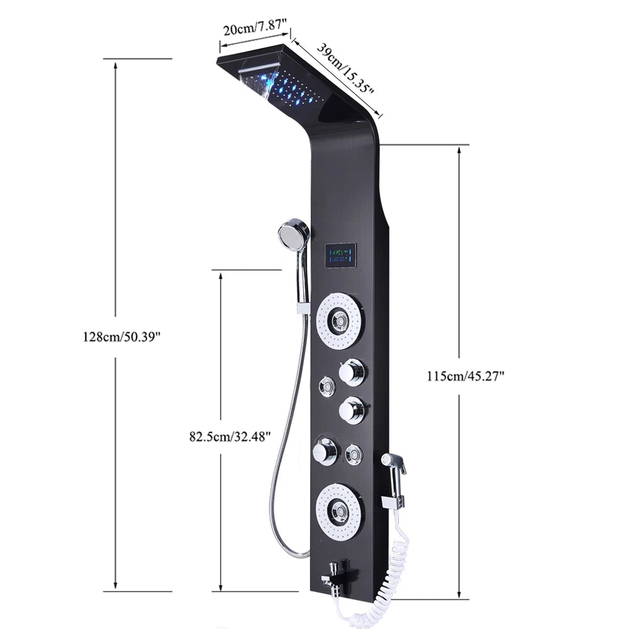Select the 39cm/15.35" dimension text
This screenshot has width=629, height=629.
(x=345, y=69)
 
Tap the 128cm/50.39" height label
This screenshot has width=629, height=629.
(x=123, y=336)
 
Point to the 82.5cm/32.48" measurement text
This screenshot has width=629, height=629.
(x=230, y=435)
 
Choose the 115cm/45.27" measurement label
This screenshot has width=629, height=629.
(x=466, y=376)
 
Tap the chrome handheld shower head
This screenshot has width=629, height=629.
(x=294, y=234)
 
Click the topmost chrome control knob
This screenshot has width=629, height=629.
(x=351, y=372)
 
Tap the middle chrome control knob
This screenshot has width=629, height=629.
(x=351, y=411)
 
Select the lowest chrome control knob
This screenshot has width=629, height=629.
(x=325, y=450)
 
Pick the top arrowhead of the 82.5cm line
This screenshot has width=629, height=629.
(x=220, y=276)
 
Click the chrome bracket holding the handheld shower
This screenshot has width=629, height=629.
(x=303, y=308)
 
